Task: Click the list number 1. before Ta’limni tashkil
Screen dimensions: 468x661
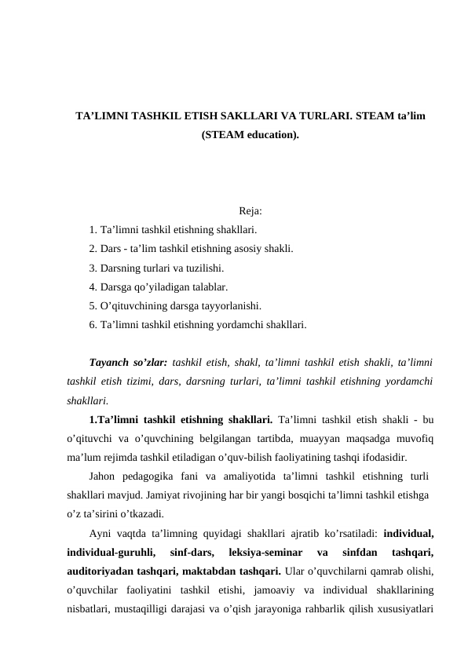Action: tap(93, 230)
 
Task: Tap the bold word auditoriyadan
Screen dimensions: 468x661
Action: tap(103, 572)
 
